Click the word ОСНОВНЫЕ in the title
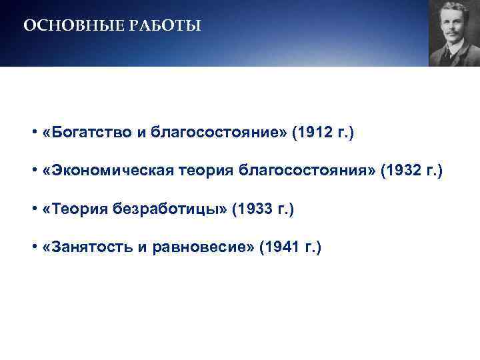(64, 26)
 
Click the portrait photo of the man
(454, 33)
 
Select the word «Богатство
(77, 133)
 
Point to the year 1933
(251, 209)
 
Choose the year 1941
(279, 248)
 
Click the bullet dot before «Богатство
(33, 133)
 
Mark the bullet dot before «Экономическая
(33, 171)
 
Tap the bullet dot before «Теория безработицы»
(33, 209)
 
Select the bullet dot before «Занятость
(33, 248)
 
